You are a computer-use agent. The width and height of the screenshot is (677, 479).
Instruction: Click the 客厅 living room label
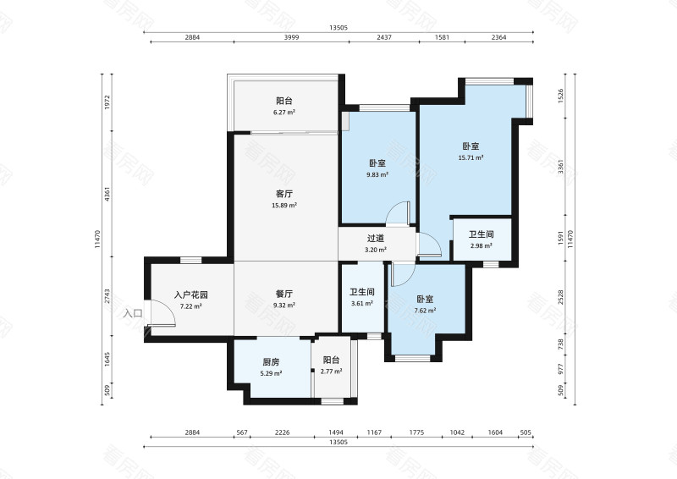coord(284,194)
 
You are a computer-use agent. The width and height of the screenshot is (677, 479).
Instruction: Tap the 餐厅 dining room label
coord(284,294)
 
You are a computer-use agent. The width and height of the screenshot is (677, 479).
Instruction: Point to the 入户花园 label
coord(191,295)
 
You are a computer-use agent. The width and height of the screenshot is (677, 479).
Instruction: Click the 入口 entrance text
coord(133,314)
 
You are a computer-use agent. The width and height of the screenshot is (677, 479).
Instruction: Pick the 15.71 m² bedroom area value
coord(471,157)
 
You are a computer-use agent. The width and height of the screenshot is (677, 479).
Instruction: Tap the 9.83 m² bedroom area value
coord(377,175)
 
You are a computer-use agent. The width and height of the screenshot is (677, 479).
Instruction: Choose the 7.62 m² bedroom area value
coord(425,311)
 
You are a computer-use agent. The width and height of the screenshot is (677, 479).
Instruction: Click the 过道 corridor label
coord(376,239)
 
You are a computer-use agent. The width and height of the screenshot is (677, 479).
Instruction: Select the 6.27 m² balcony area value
coord(284,112)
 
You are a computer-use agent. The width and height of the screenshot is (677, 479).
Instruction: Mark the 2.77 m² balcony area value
coord(332,371)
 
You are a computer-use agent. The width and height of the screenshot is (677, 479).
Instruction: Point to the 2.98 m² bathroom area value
coord(482,246)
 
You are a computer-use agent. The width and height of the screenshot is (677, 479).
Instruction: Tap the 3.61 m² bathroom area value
coord(361,303)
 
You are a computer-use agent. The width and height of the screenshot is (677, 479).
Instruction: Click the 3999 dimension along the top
coord(292,39)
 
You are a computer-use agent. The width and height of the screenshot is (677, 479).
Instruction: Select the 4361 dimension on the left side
coord(107,193)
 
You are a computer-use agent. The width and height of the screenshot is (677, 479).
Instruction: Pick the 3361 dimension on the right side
coord(559,168)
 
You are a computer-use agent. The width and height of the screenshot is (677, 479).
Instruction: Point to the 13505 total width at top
coord(338,28)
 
